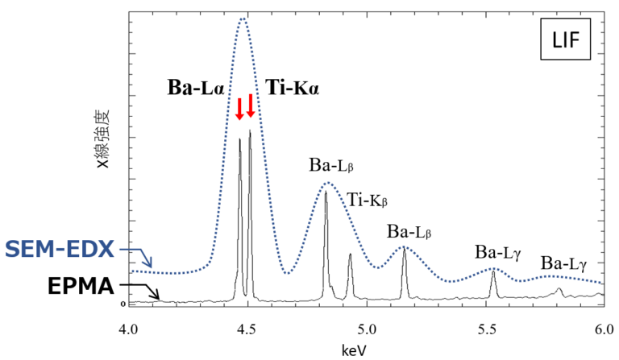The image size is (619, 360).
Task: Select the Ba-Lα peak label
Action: (x=195, y=88)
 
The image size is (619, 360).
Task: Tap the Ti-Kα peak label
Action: (x=293, y=88)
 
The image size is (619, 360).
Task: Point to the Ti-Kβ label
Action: (x=369, y=201)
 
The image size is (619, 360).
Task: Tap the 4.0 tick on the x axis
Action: (x=127, y=329)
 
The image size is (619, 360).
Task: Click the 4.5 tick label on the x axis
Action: (x=248, y=329)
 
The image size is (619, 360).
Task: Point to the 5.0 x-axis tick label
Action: (x=367, y=329)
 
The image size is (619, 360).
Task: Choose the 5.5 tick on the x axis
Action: (x=485, y=329)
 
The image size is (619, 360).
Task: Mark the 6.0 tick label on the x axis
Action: (x=603, y=329)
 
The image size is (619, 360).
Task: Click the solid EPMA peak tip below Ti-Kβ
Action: (x=350, y=254)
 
